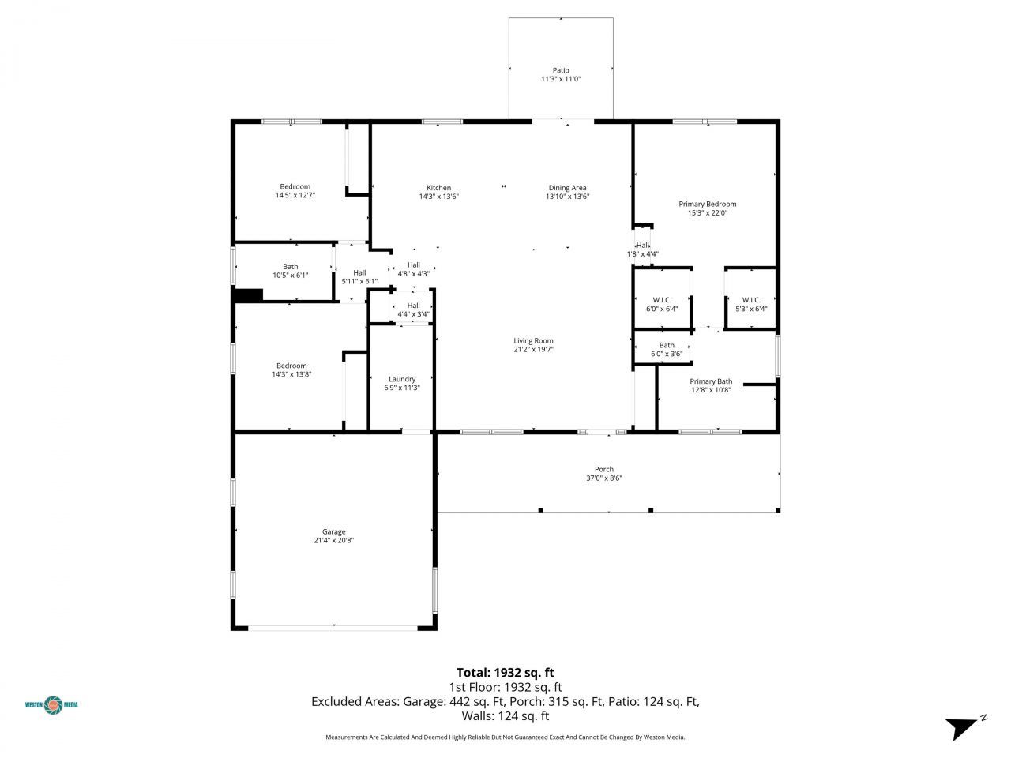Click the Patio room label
(x=560, y=70)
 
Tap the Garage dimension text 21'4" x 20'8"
(x=333, y=541)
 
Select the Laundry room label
(x=401, y=379)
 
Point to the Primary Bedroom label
(x=707, y=204)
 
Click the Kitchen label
(x=438, y=188)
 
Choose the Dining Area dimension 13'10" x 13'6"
(x=567, y=197)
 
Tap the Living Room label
(x=533, y=340)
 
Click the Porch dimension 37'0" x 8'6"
(x=603, y=478)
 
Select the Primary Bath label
(x=711, y=381)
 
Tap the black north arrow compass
(x=962, y=727)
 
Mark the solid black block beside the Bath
(x=248, y=295)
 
